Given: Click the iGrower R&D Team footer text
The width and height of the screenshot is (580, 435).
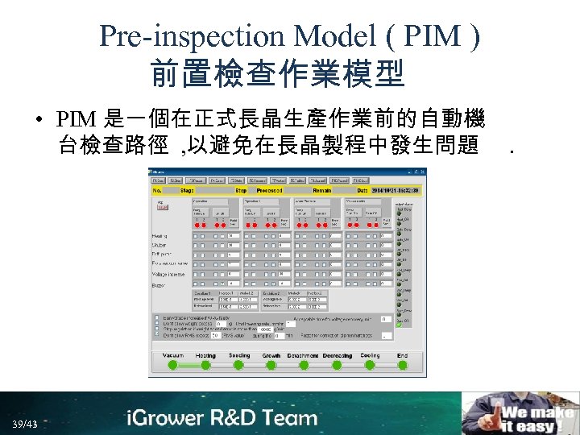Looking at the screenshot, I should pos(222,418).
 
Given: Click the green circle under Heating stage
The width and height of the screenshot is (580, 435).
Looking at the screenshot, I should pos(205,365).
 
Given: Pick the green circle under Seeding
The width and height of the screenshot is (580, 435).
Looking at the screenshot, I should pos(239,365).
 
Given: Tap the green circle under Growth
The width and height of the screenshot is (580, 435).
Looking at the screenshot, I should pos(271,365).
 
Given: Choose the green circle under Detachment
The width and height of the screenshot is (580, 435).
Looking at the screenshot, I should pos(304,365).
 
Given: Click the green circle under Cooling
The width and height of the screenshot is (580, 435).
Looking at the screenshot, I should pos(370,365).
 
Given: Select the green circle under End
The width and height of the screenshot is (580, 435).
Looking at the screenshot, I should pos(402,365).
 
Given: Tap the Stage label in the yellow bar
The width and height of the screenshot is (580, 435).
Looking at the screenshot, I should pos(187,190).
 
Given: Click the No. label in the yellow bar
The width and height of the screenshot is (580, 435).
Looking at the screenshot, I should pos(158,190).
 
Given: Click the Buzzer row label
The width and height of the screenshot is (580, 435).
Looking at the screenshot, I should pos(159,284).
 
